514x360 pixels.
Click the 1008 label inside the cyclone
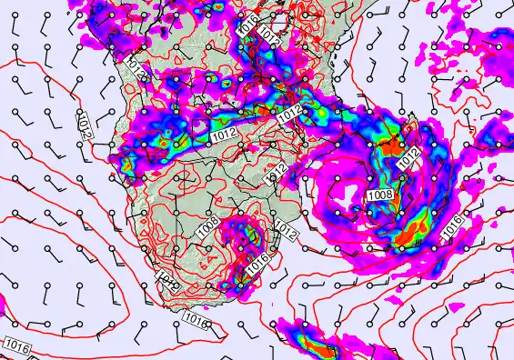click(379, 195)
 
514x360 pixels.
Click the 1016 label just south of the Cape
click(194, 318)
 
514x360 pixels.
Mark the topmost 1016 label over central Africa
click(247, 25)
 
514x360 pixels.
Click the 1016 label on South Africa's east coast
click(257, 262)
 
